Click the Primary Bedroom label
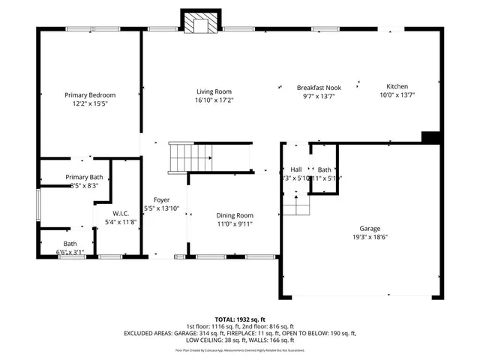pyautogui.click(x=90, y=95)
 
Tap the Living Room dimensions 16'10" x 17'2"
pyautogui.click(x=214, y=100)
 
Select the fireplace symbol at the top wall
pyautogui.click(x=200, y=23)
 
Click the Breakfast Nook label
pyautogui.click(x=319, y=87)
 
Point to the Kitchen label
pyautogui.click(x=397, y=87)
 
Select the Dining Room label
pyautogui.click(x=235, y=214)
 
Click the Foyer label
pyautogui.click(x=161, y=199)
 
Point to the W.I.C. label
pyautogui.click(x=121, y=214)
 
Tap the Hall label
pyautogui.click(x=295, y=170)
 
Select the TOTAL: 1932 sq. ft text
pyautogui.click(x=240, y=319)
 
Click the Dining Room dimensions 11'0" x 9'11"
pyautogui.click(x=235, y=223)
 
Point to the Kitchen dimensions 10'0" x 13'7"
pyautogui.click(x=397, y=95)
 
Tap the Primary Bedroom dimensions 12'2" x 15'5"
pyautogui.click(x=90, y=103)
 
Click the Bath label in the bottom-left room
pyautogui.click(x=70, y=244)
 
